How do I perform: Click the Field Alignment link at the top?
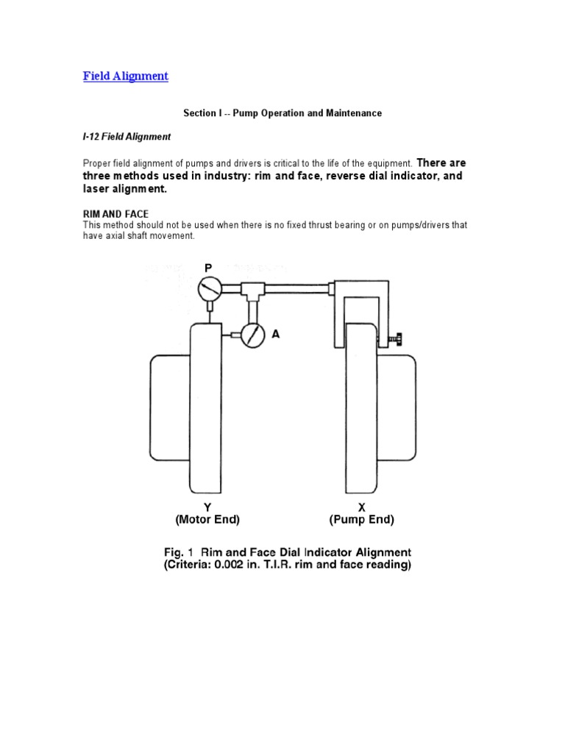(x=126, y=76)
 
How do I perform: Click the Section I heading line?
(x=282, y=113)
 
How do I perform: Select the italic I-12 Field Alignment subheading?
(x=127, y=137)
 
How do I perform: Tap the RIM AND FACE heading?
(x=116, y=213)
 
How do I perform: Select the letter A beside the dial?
(x=276, y=334)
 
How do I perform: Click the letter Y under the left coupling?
(x=207, y=507)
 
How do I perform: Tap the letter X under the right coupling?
(x=361, y=507)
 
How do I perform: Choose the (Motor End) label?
(x=207, y=520)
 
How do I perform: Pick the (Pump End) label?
(x=361, y=520)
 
